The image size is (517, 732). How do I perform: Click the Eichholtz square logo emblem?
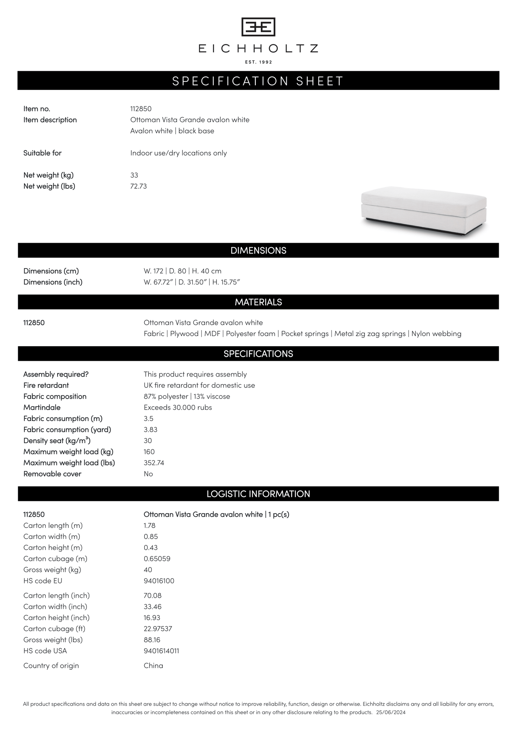click(258, 27)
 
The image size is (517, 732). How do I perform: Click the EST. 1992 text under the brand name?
click(258, 62)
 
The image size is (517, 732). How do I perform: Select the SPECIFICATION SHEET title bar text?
click(258, 81)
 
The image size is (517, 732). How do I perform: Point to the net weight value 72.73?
click(138, 186)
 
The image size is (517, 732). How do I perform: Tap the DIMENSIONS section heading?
click(258, 251)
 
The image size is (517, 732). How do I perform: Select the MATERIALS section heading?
click(258, 302)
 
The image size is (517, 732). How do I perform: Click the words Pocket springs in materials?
click(305, 334)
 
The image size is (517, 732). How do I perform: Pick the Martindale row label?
click(42, 407)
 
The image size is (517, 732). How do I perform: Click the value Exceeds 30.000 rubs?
click(178, 407)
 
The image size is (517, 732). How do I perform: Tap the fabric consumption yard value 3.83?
click(151, 430)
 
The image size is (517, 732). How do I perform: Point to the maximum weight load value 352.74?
click(154, 463)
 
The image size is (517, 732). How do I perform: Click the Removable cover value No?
click(148, 474)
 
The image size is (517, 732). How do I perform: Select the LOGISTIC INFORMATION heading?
click(258, 494)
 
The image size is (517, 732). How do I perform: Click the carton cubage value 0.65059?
click(157, 559)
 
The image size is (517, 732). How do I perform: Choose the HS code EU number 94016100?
click(159, 581)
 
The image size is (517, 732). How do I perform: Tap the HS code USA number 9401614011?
click(161, 651)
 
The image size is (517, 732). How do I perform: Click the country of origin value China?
click(153, 666)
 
